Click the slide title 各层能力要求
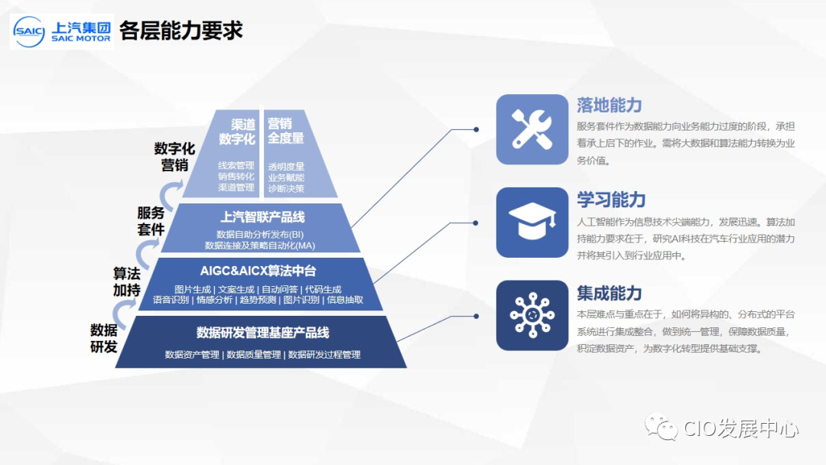pyautogui.click(x=181, y=31)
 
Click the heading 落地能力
pyautogui.click(x=609, y=106)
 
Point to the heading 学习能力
pyautogui.click(x=610, y=200)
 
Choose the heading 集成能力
pyautogui.click(x=609, y=293)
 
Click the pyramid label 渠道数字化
pyautogui.click(x=236, y=131)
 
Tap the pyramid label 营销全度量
pyautogui.click(x=285, y=131)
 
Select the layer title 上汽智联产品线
pyautogui.click(x=262, y=216)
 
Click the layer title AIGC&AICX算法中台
pyautogui.click(x=258, y=272)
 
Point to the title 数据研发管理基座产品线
pyautogui.click(x=262, y=333)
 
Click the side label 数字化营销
pyautogui.click(x=174, y=156)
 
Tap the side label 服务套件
pyautogui.click(x=151, y=221)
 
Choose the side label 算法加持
pyautogui.click(x=127, y=282)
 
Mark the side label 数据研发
pyautogui.click(x=104, y=338)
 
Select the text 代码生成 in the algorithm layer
pyautogui.click(x=323, y=290)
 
